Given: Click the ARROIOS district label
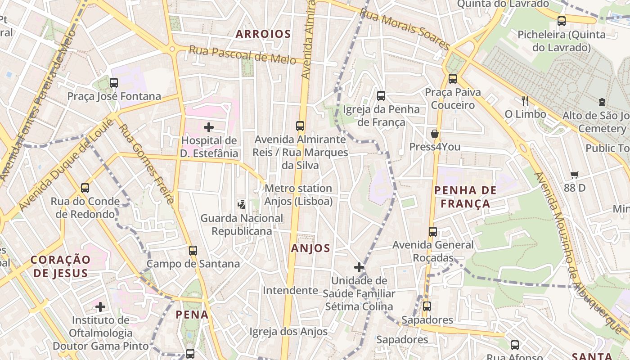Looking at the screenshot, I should tap(263, 34).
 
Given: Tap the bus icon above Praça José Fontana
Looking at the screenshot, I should tap(114, 83).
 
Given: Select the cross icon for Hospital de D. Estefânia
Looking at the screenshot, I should tap(209, 127).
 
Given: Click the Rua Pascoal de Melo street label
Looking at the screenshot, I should tap(242, 55).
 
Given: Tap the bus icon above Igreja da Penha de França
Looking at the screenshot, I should tap(381, 95).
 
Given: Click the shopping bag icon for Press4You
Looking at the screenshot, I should tap(435, 134).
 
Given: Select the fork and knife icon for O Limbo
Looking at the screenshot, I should tap(525, 101).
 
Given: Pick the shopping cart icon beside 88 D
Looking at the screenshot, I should tap(574, 175).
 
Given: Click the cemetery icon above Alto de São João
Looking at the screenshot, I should tap(602, 102).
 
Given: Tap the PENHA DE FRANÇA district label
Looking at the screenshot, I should tap(465, 197).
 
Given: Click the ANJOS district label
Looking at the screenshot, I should tap(310, 248).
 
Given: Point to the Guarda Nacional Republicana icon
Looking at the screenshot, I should tap(242, 205).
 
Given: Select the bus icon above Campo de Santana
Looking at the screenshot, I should tap(193, 250).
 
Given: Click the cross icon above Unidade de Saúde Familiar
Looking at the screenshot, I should tap(359, 268).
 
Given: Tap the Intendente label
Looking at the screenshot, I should tap(290, 290).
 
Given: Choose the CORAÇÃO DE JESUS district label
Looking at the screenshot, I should tap(61, 266).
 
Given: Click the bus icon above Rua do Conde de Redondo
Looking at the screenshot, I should tap(85, 188).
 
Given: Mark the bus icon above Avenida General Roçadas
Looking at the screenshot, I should tap(433, 232).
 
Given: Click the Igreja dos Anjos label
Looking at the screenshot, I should tap(288, 332).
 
